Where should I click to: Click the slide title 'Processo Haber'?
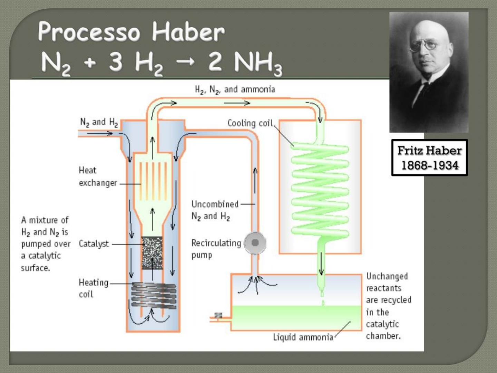131,32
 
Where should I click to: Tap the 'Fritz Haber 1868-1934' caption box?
429,158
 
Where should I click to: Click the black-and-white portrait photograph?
429,72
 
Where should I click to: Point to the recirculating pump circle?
255,243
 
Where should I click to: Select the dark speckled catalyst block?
152,253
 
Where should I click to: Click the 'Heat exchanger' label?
98,176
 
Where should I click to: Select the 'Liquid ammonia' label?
303,337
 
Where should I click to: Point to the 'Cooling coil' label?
250,123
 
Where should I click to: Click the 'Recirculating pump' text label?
216,249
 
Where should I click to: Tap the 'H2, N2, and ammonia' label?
235,90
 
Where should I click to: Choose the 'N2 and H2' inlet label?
99,122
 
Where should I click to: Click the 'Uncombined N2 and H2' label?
215,210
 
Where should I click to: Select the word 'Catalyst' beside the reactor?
94,244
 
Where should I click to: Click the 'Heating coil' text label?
93,288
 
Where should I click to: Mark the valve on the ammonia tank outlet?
218,315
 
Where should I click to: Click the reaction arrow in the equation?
185,62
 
